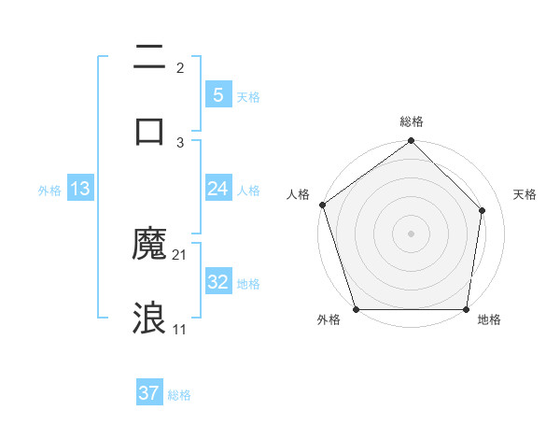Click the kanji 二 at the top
point(149,58)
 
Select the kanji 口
point(149,129)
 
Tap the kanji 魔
point(149,245)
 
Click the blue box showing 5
point(217,94)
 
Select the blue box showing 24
point(217,189)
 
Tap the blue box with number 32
point(217,282)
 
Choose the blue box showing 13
point(80,189)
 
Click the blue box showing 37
point(149,393)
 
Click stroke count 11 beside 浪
point(180,330)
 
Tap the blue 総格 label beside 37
point(179,395)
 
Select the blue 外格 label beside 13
point(49,191)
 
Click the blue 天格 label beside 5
point(248,96)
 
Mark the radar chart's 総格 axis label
point(412,121)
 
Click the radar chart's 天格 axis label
point(525,194)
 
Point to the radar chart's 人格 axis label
point(298,194)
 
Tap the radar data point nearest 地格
point(466,309)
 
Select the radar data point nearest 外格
point(357,309)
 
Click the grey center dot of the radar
point(411,233)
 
